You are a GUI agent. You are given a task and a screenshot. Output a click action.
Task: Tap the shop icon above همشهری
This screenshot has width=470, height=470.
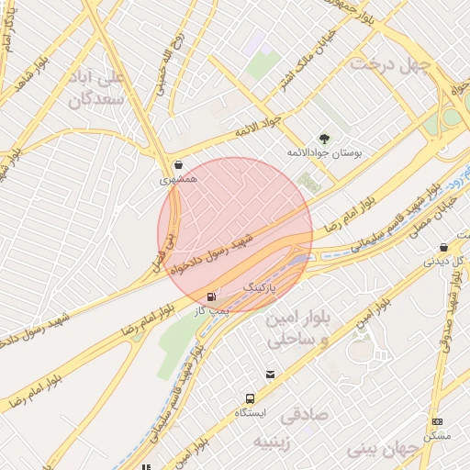pos(177,165)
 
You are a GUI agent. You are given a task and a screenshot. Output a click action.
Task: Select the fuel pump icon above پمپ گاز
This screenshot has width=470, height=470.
pos(213,297)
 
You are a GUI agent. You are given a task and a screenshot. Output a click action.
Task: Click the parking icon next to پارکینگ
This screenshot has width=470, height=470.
pos(283,287)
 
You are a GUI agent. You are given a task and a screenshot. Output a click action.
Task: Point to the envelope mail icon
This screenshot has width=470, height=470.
pos(270,375)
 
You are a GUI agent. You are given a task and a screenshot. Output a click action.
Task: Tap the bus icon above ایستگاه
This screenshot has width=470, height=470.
pos(250,398)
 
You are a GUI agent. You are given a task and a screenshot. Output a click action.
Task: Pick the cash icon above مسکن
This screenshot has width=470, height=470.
pos(436,421)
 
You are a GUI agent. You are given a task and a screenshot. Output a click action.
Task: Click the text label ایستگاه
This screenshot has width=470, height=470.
pos(250,413)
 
